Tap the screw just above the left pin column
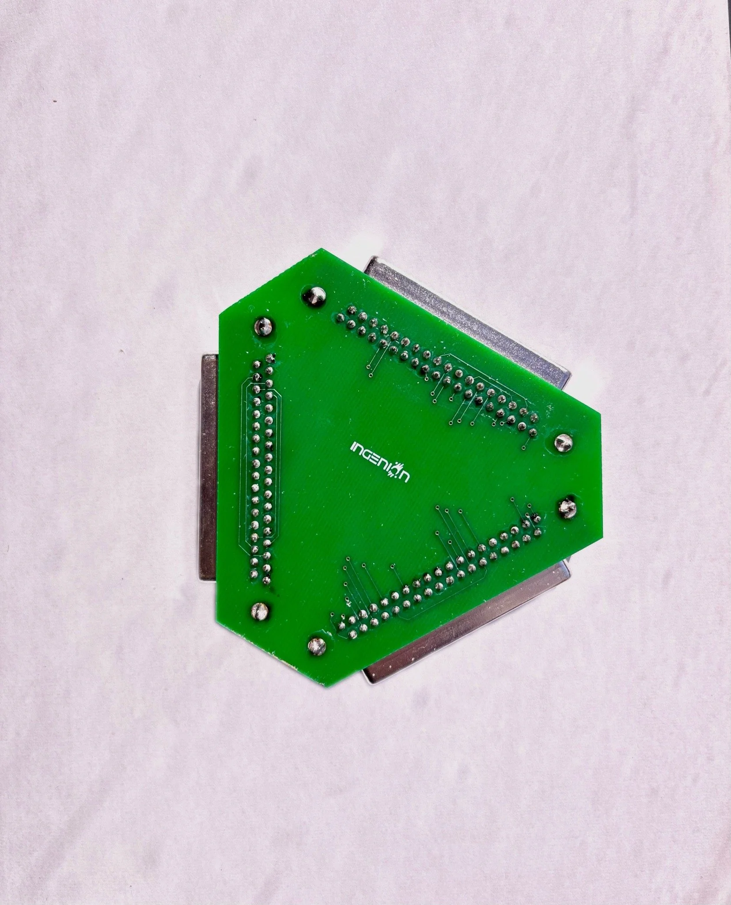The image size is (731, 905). coord(264,327)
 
